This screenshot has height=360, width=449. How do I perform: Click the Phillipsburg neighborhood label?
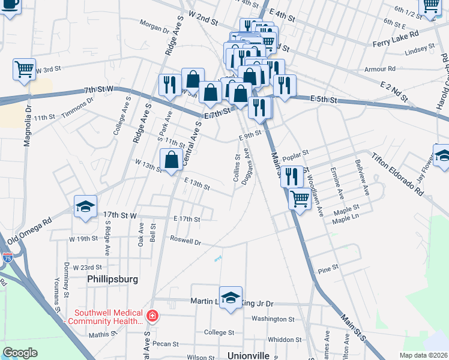(x=112, y=279)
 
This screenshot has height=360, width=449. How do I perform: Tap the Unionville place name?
(x=249, y=355)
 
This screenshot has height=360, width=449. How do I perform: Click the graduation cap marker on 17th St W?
(x=85, y=207)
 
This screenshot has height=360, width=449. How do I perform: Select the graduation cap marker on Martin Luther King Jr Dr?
(x=231, y=298)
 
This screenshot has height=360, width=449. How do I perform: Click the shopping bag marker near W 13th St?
(x=171, y=160)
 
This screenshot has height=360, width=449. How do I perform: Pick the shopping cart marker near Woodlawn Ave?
(x=300, y=199)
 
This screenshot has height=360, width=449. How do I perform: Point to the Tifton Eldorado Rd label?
(x=397, y=175)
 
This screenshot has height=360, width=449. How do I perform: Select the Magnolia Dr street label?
(x=27, y=127)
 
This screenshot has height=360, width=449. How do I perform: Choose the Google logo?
(x=20, y=352)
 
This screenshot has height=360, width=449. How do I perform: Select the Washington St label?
(x=273, y=320)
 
